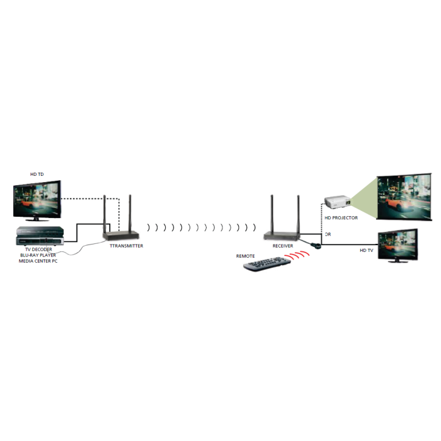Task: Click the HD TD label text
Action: [37, 175]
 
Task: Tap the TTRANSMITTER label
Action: [126, 246]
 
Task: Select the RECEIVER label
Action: [283, 246]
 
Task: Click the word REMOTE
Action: [245, 256]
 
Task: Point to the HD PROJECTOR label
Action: [341, 218]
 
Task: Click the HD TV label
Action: [367, 250]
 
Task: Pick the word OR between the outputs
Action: [328, 234]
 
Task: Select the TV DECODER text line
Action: [38, 249]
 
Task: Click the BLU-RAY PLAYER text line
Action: [38, 255]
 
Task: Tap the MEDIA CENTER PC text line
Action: [38, 261]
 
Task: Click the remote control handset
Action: [267, 264]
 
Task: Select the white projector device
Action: [338, 202]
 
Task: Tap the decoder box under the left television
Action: [40, 236]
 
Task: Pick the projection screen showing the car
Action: [404, 197]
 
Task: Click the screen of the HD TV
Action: [397, 244]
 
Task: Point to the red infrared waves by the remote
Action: [297, 255]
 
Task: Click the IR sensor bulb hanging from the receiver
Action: [316, 246]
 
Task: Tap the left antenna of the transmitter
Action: [105, 214]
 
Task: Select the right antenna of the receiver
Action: [299, 214]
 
